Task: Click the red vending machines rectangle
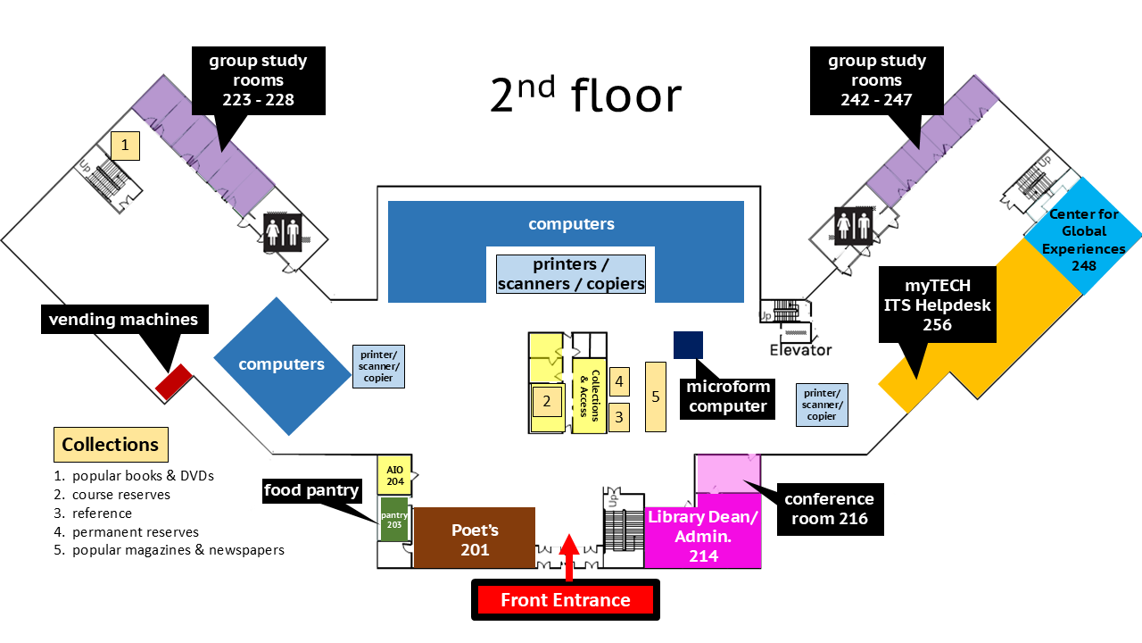click(174, 381)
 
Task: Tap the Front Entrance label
click(566, 600)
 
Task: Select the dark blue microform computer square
click(688, 345)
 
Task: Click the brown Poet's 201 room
click(474, 538)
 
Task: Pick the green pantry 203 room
click(393, 520)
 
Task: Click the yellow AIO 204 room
click(394, 475)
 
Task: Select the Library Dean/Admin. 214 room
click(702, 537)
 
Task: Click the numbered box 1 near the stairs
click(126, 145)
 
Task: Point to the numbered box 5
click(656, 397)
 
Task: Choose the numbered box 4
click(619, 381)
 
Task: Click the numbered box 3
click(619, 415)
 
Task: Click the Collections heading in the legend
click(111, 444)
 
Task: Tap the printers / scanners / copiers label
click(571, 274)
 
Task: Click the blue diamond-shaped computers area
click(281, 364)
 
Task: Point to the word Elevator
click(800, 350)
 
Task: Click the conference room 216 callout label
click(829, 509)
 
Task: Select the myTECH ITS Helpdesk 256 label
click(937, 304)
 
